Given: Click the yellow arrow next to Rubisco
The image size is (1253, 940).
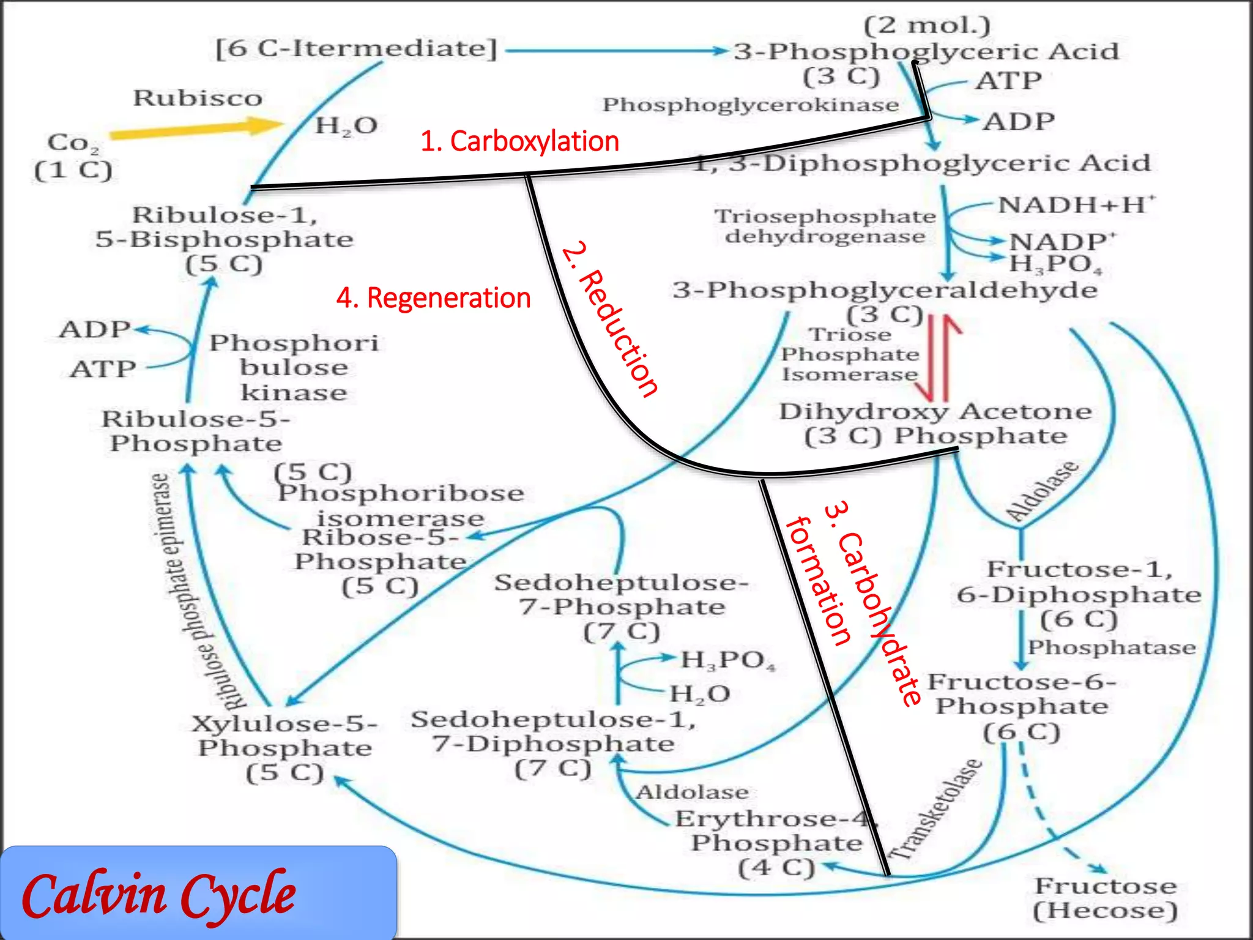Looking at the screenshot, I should point(196,129).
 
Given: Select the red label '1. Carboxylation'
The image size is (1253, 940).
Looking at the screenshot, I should point(519,141).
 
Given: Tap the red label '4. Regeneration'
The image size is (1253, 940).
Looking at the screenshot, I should point(433,298).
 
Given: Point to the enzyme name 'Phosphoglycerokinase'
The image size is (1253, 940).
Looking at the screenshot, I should point(750,105).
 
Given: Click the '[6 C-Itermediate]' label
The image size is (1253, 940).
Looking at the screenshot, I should point(357,48).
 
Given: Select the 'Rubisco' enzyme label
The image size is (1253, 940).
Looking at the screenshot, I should point(198,98).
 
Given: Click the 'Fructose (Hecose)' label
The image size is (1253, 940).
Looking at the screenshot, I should point(1105,898).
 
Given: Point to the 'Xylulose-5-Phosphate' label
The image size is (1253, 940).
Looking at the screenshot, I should point(285,736).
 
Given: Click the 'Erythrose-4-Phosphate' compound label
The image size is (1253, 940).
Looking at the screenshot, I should point(776,831).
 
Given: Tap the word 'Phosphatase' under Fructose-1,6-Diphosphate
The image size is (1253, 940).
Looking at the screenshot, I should point(1111,647).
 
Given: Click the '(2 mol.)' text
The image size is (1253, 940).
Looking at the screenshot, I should point(926,25).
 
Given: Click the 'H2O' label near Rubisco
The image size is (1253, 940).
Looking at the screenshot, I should point(346,126).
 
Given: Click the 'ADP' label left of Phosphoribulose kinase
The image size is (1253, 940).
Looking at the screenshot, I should point(94,329).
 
